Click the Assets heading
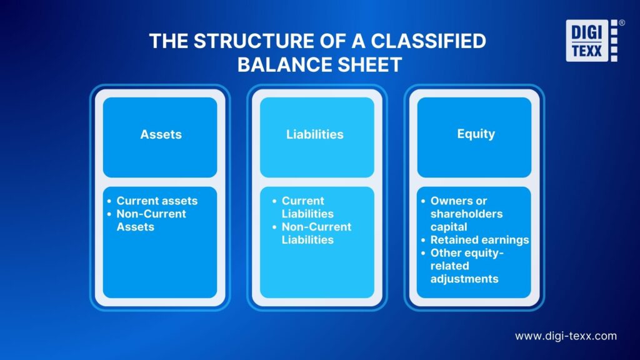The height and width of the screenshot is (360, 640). [x=160, y=134]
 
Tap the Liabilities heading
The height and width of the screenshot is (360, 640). [x=315, y=134]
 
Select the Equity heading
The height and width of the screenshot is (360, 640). [x=476, y=133]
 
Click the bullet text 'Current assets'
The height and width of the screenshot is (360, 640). [x=157, y=201]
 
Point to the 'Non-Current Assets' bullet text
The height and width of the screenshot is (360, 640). [x=151, y=220]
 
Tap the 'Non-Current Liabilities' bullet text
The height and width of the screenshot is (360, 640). [x=316, y=233]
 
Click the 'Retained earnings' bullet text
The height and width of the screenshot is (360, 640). [x=479, y=240]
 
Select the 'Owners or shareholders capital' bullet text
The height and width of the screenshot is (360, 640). [x=466, y=214]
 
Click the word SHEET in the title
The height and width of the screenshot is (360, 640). [x=369, y=64]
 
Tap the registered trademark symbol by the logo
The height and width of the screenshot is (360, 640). [x=621, y=22]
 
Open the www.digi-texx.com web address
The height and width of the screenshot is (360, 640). [x=566, y=336]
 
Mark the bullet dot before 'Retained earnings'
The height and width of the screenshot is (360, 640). [x=423, y=241]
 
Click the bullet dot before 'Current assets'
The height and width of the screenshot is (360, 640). [x=109, y=201]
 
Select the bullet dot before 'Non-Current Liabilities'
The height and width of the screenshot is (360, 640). [x=274, y=227]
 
